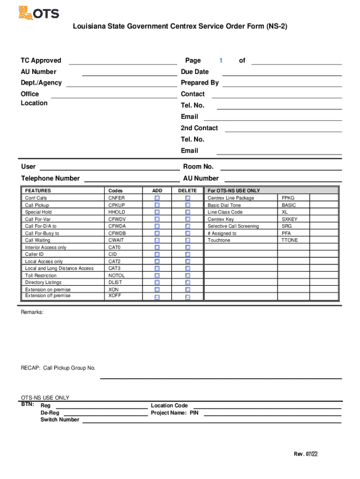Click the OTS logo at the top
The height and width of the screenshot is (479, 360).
tap(39, 13)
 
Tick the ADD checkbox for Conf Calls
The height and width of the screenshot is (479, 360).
tap(157, 198)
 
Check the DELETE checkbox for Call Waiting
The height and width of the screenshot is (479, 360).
tap(187, 240)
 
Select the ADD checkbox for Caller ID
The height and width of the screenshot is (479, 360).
tap(157, 254)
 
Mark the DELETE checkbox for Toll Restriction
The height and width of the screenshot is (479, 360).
tap(187, 276)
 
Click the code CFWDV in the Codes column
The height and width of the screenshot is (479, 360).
tap(117, 219)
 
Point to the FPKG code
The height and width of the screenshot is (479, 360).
tap(288, 198)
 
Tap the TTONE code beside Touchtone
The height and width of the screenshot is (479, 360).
tap(289, 240)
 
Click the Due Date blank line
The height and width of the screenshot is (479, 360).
tap(282, 75)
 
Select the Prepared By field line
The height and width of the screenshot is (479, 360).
tap(282, 86)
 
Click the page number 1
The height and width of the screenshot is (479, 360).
tap(221, 60)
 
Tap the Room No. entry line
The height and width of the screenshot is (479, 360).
tap(281, 169)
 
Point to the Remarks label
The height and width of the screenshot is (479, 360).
tap(32, 312)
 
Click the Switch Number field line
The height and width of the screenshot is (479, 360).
tap(212, 422)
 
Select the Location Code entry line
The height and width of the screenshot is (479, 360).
tap(267, 408)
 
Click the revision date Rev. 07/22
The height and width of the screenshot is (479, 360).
tap(306, 454)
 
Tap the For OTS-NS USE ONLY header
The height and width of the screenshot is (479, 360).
tap(234, 191)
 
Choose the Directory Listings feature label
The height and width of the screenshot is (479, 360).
tap(43, 283)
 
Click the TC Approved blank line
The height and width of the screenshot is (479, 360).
tap(123, 64)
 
